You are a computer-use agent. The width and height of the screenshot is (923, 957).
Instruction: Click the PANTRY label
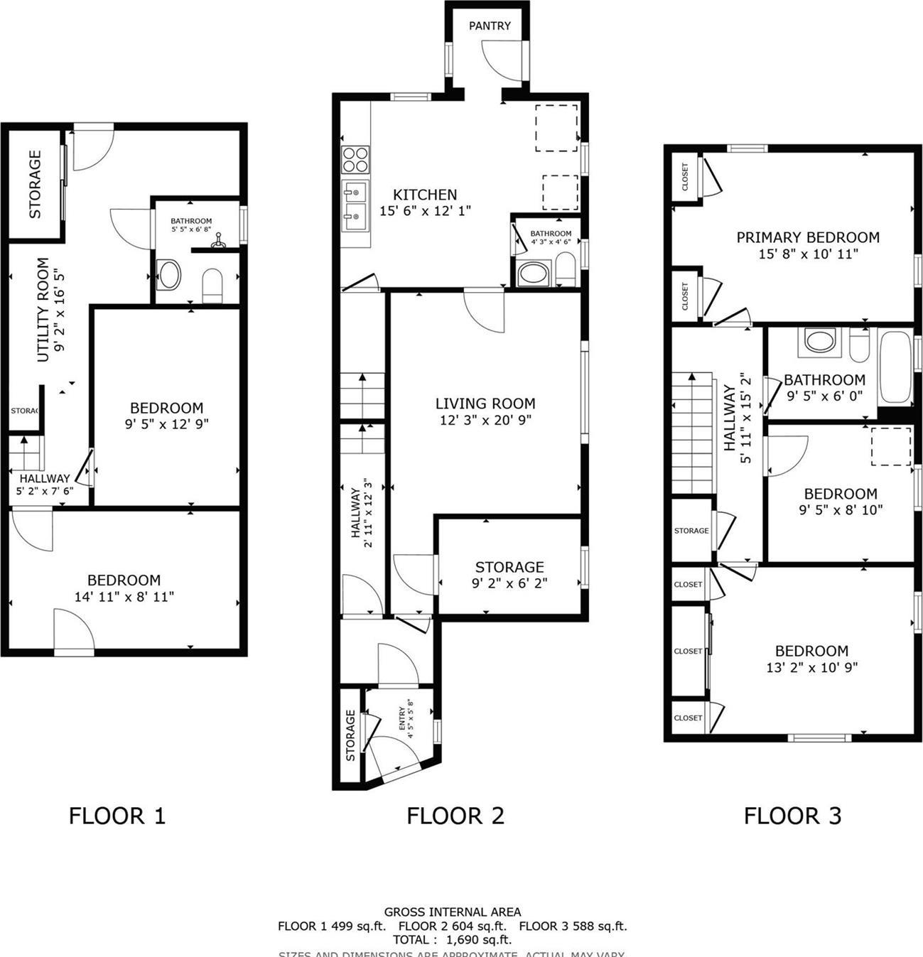click(490, 26)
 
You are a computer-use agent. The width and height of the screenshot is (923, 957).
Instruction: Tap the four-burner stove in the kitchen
click(355, 159)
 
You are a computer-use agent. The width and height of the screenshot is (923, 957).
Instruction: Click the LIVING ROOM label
click(485, 404)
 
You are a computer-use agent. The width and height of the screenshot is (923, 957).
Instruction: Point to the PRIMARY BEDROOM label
click(808, 237)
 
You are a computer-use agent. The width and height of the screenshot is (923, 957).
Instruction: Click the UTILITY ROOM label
click(43, 310)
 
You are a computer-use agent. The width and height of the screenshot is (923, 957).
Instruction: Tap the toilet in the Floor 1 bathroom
click(213, 286)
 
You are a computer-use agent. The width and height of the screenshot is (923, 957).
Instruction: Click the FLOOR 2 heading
click(455, 816)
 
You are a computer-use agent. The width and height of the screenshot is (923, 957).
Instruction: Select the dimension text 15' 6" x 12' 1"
click(426, 211)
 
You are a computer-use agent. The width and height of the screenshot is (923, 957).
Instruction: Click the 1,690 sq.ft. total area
click(478, 939)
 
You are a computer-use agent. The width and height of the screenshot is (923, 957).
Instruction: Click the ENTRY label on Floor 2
click(403, 718)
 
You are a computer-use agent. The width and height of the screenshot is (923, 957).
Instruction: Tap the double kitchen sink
click(355, 203)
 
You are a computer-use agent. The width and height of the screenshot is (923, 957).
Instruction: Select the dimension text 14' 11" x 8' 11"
click(124, 597)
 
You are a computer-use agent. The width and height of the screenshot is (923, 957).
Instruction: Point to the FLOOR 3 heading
click(792, 816)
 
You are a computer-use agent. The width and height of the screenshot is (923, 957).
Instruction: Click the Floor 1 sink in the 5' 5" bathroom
click(169, 274)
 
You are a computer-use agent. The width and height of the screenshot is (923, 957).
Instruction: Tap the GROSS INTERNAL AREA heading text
click(453, 912)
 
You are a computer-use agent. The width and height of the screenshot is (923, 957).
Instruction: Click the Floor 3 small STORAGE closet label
click(691, 531)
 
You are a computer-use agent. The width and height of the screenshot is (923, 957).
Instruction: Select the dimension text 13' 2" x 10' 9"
click(811, 667)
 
